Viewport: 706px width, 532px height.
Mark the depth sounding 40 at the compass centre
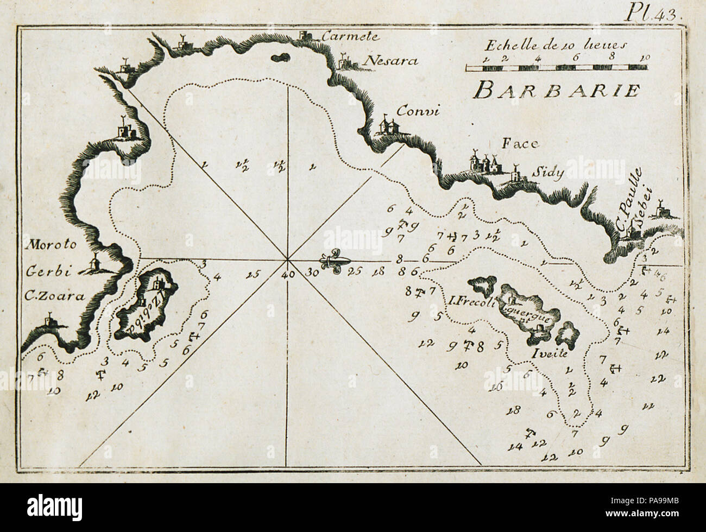point(288,274)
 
